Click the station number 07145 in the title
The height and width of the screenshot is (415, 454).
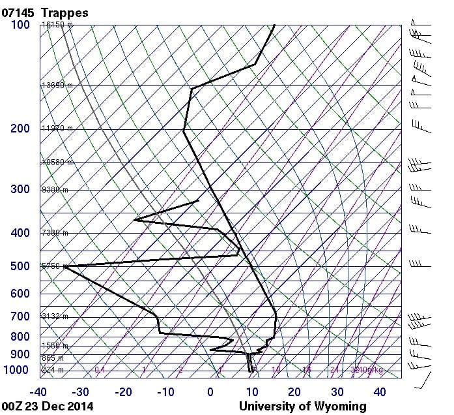coord(18,12)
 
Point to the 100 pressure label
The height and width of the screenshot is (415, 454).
coord(20,25)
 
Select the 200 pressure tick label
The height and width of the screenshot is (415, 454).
coord(20,129)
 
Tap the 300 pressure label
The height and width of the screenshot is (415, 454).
coord(20,189)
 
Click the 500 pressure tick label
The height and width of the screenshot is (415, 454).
coord(20,266)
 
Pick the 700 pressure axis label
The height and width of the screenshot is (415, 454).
coord(20,316)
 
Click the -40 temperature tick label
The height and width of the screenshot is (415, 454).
coord(38,392)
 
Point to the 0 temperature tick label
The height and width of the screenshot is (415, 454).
coord(210,392)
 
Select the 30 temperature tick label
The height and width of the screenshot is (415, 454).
coord(337,392)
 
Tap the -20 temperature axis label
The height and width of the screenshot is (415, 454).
coord(123,392)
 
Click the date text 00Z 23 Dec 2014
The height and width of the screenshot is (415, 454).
coord(47,406)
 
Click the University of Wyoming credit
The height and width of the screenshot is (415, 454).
coord(302,406)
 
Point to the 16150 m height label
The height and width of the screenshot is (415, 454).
coord(57,25)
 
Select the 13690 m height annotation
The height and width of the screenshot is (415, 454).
coord(57,85)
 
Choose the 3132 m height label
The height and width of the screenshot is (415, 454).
coord(55,316)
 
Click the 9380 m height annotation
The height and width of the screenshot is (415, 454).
coord(55,190)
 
